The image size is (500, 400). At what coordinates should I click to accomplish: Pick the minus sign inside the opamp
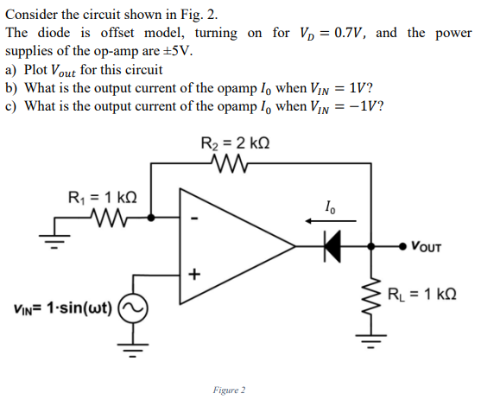pos(196,219)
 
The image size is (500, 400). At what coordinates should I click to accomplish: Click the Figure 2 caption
pos(229,390)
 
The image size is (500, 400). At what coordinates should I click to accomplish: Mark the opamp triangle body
pos(225,246)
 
